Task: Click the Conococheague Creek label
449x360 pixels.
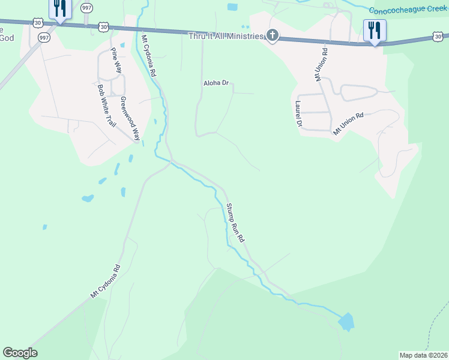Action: click(408, 10)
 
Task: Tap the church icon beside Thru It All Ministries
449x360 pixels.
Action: click(273, 36)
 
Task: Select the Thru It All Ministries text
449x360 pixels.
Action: click(226, 37)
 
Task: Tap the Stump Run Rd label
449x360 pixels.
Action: click(235, 223)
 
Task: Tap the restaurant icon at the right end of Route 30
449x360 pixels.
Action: click(375, 30)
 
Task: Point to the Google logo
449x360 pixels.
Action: click(20, 353)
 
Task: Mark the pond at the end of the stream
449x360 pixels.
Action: click(346, 322)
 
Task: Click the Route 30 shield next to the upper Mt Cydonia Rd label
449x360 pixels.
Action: click(104, 27)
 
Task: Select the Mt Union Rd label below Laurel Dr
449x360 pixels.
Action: click(349, 123)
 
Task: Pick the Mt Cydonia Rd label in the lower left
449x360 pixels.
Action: click(106, 281)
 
